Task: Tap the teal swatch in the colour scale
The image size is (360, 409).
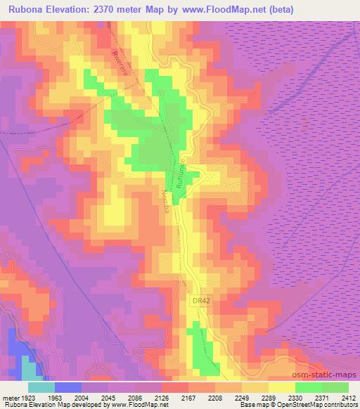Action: click(x=41, y=387)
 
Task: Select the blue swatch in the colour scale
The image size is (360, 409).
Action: click(x=68, y=387)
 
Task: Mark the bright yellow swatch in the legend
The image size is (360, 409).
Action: click(x=282, y=387)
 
